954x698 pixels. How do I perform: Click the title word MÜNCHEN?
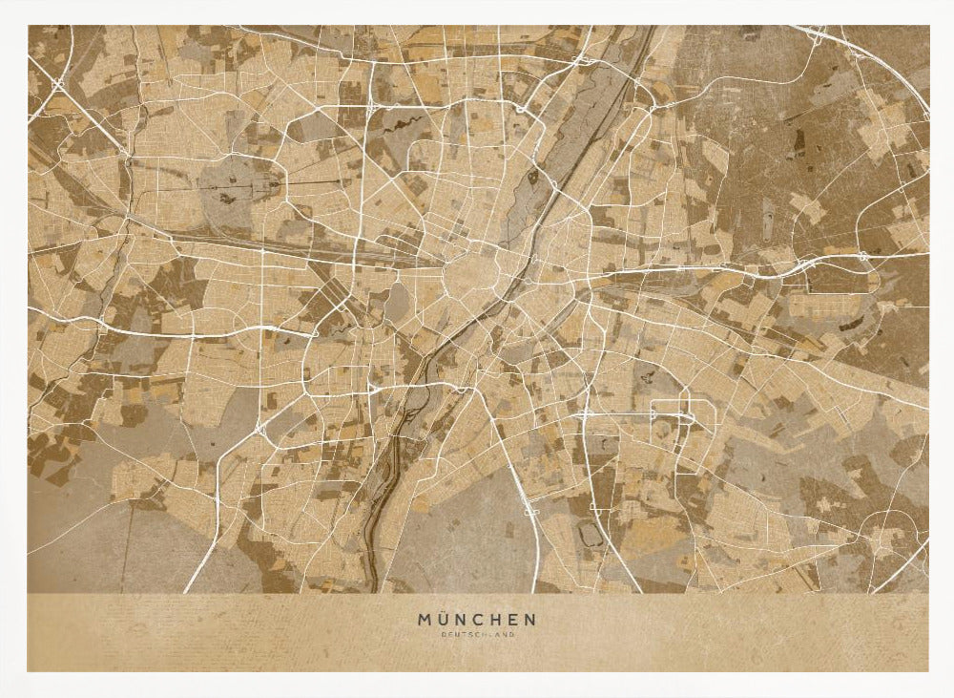coord(476,620)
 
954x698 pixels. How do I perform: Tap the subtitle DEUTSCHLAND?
coord(476,635)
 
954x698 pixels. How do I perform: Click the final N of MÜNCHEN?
coord(530,620)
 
